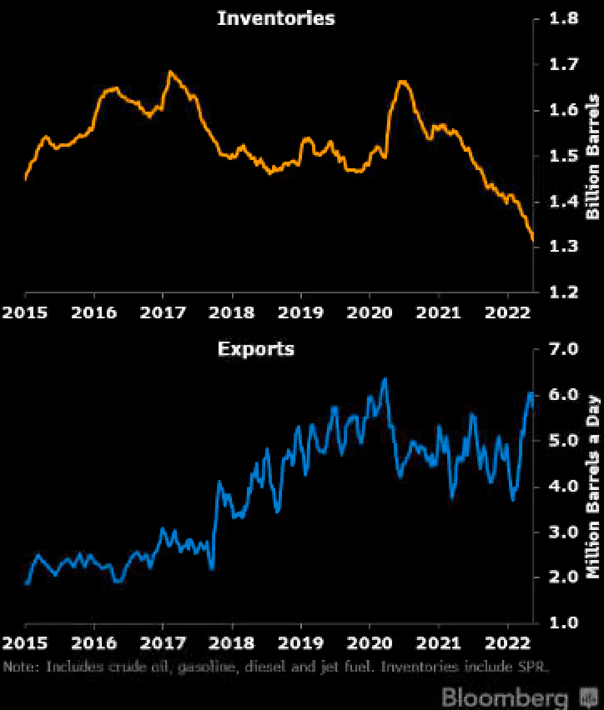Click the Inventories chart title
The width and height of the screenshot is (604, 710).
click(x=276, y=18)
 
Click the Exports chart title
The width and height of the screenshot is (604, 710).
click(x=256, y=349)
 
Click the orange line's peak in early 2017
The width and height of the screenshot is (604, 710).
click(x=170, y=72)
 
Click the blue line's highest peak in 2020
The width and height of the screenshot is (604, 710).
click(x=385, y=379)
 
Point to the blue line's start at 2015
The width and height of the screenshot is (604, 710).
click(x=27, y=583)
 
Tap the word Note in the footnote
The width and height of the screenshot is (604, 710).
click(x=19, y=667)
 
